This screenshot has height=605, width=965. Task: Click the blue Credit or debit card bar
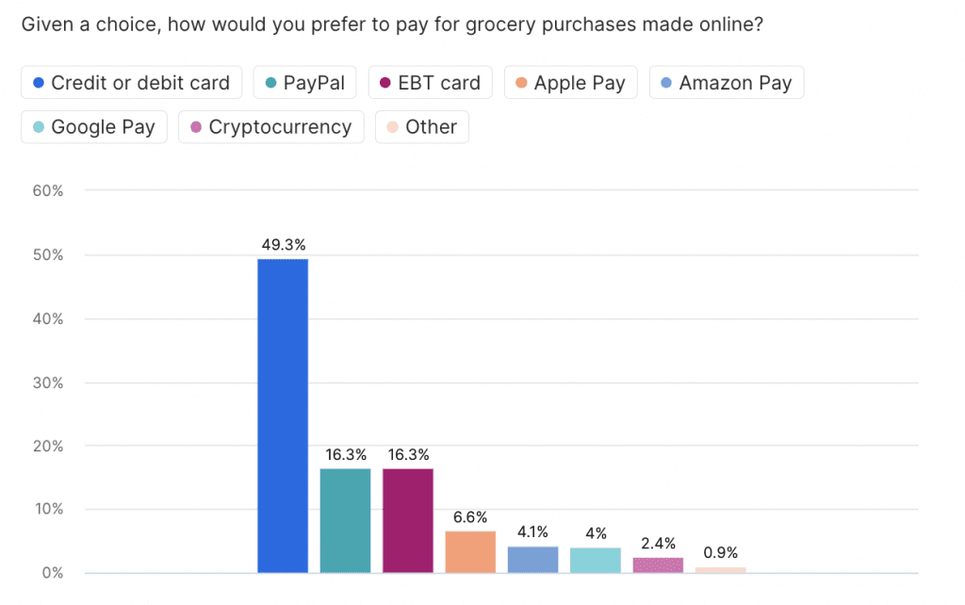(283, 415)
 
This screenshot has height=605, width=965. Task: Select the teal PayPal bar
(345, 520)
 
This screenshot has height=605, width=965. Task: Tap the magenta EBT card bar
(407, 520)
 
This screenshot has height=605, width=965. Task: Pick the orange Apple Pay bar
(470, 551)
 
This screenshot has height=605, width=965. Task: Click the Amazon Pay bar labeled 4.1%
(532, 560)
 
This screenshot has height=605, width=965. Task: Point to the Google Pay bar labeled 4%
(595, 560)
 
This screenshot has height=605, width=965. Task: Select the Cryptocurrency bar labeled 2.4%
(658, 564)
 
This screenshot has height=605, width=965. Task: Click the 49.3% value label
(283, 245)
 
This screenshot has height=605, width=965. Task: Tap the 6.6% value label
(470, 517)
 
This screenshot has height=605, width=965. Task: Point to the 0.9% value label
(720, 553)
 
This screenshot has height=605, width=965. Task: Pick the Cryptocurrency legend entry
(271, 126)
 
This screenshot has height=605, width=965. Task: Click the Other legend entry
(422, 126)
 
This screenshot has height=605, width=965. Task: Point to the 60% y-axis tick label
(47, 191)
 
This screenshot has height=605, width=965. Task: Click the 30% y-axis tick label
(47, 383)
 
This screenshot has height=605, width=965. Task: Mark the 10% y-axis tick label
(47, 510)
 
